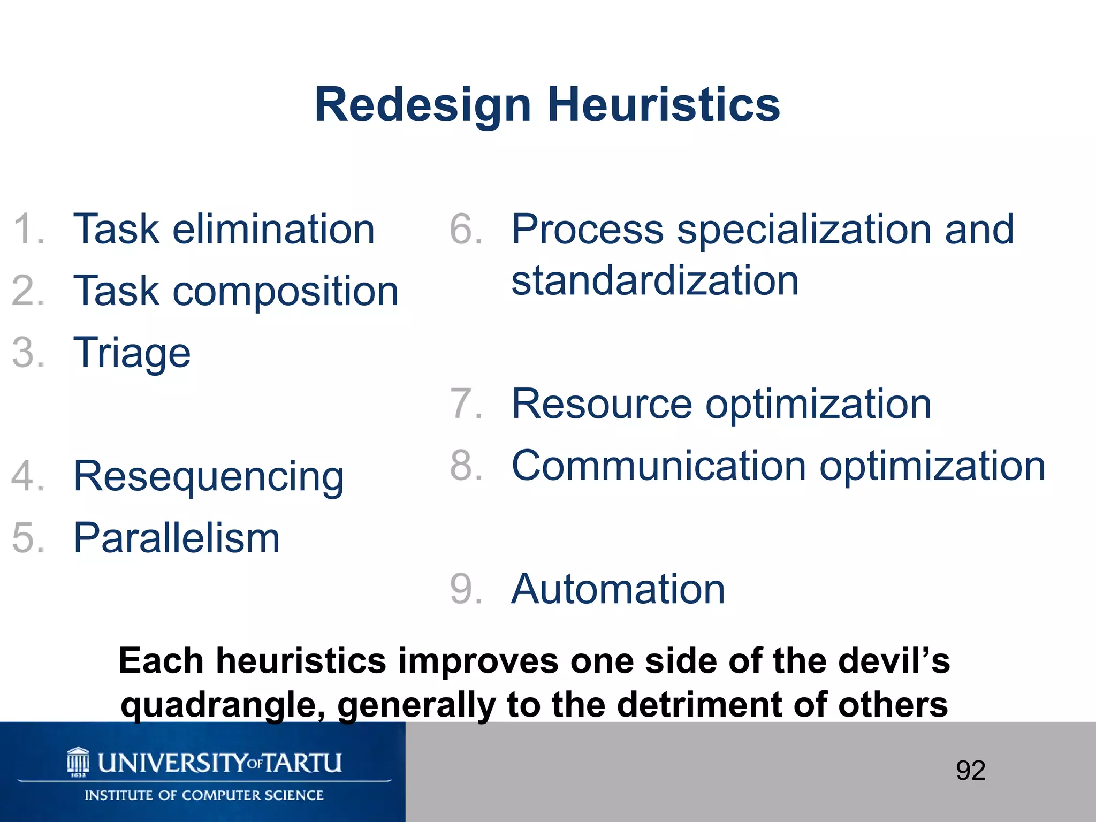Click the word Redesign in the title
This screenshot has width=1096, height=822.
pyautogui.click(x=423, y=105)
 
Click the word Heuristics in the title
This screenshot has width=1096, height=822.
pyautogui.click(x=664, y=105)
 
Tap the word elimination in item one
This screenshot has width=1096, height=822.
pyautogui.click(x=273, y=229)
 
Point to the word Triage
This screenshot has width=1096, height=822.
pyautogui.click(x=132, y=353)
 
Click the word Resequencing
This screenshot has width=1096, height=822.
pyautogui.click(x=209, y=476)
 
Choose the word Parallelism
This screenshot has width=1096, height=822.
pyautogui.click(x=177, y=538)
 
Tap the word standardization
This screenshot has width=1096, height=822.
pyautogui.click(x=655, y=280)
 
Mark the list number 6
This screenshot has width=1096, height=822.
pyautogui.click(x=466, y=229)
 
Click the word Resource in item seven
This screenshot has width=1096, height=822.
pyautogui.click(x=602, y=404)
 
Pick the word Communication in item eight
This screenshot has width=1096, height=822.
pyautogui.click(x=658, y=466)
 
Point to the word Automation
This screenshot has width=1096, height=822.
pyautogui.click(x=618, y=589)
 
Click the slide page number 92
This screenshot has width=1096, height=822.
pyautogui.click(x=970, y=771)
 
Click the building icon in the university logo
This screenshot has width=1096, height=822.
pyautogui.click(x=78, y=761)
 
